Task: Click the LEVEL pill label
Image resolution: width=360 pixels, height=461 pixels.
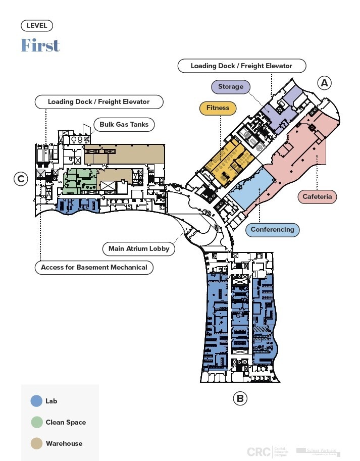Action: point(37,26)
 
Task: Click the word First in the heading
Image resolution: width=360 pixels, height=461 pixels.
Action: point(40,45)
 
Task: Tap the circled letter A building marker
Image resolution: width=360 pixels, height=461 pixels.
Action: point(324,83)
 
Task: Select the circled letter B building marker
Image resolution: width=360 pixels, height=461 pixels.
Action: point(240,398)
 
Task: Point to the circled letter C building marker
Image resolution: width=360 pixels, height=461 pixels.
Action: point(21,179)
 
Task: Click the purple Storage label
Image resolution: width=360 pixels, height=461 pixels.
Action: point(231,87)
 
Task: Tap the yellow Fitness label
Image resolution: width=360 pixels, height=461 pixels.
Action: point(218,108)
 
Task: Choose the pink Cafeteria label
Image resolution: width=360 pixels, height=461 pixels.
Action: point(318,196)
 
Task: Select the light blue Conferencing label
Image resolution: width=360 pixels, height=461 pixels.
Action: point(272,230)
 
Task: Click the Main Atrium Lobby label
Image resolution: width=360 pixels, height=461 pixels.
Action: point(139,248)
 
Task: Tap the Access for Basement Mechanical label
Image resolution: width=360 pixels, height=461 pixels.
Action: point(94,267)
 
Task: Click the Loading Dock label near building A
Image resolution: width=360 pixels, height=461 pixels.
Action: point(241,66)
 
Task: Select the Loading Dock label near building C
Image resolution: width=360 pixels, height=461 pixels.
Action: point(98,101)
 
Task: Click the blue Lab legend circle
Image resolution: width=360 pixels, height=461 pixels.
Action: point(36,401)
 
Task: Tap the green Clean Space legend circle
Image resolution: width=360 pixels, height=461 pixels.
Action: point(36,422)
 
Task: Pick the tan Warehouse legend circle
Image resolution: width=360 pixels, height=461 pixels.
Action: point(36,443)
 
